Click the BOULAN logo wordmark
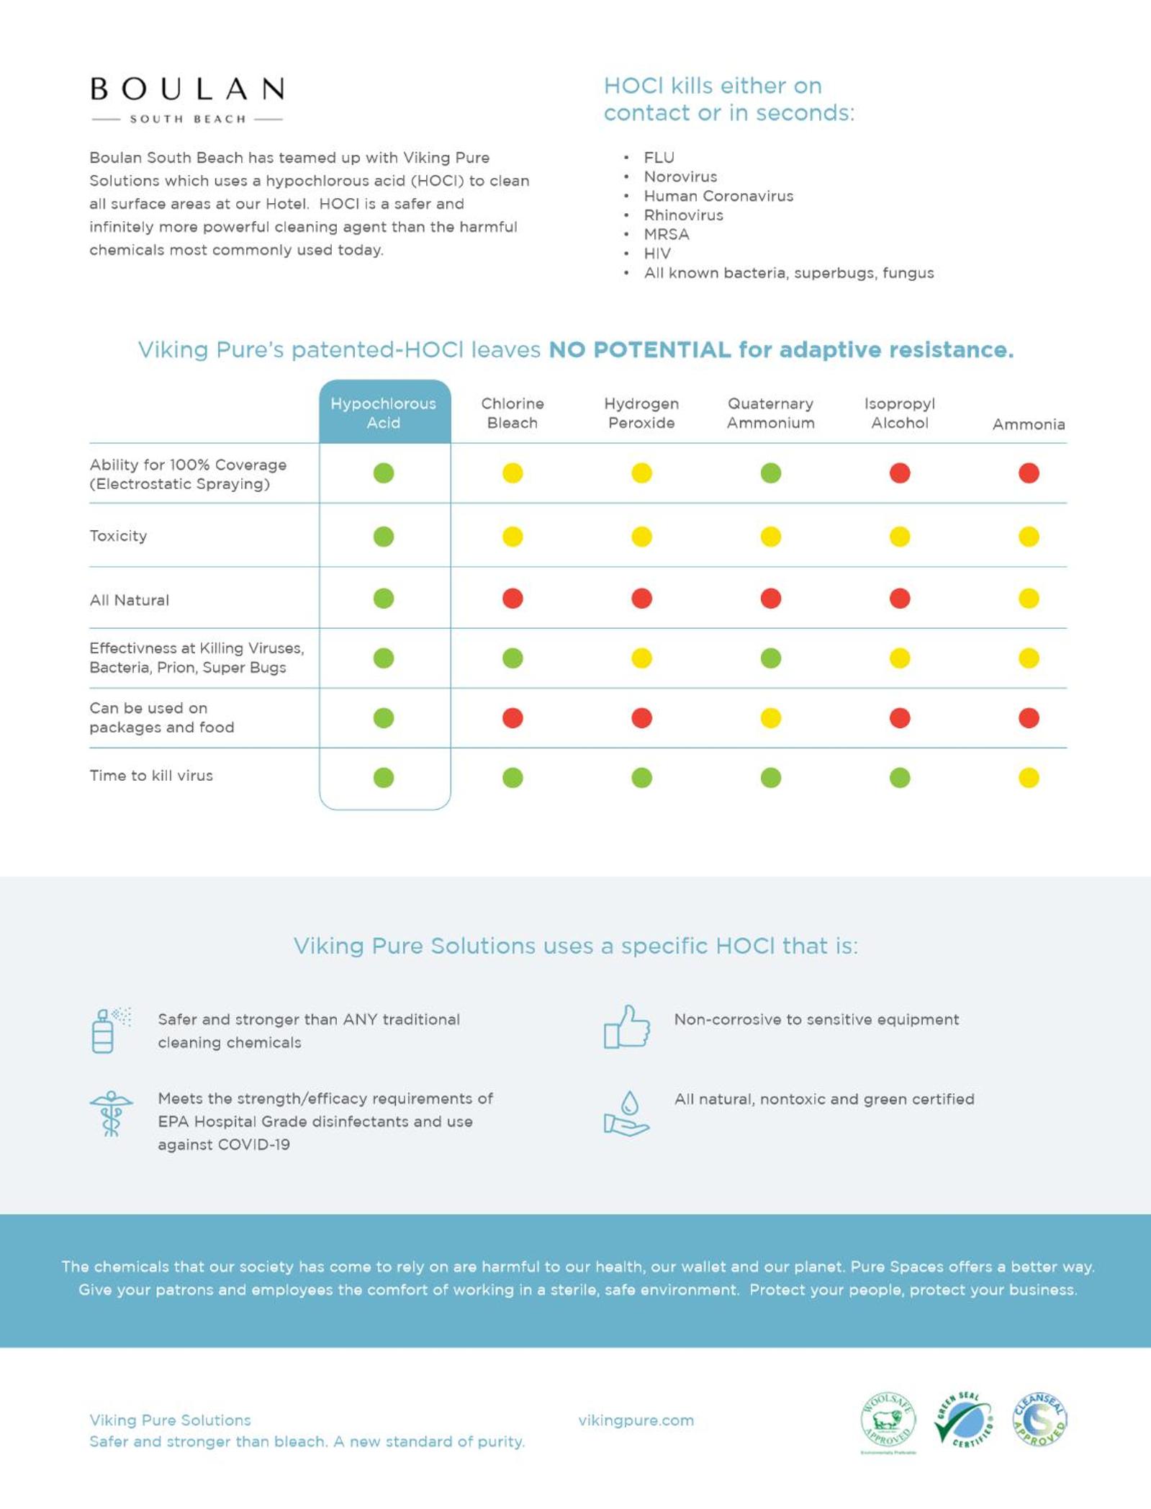(x=187, y=90)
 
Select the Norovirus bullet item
(x=680, y=177)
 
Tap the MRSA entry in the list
(x=667, y=235)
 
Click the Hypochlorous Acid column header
(x=384, y=413)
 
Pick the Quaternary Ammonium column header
(x=770, y=413)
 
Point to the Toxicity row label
(x=118, y=536)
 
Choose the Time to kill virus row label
(x=151, y=776)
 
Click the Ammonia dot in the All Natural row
(x=1029, y=599)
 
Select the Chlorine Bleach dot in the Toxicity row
(x=513, y=537)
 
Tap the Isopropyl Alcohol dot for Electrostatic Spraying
(x=900, y=473)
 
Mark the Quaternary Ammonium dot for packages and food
(x=770, y=718)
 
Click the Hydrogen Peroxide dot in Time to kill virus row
(x=641, y=778)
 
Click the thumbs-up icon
(x=626, y=1027)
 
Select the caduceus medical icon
(x=111, y=1114)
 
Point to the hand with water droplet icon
(x=626, y=1114)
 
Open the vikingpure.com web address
(x=636, y=1420)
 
